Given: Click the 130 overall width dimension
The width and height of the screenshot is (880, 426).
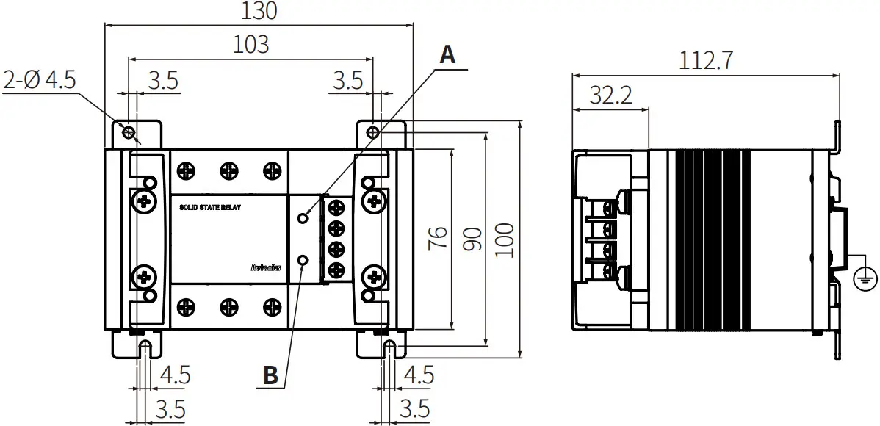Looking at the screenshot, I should coord(259,12).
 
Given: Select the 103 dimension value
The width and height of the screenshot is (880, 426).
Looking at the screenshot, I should coord(250,45).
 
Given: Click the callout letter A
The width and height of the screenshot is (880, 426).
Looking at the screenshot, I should coord(447,54).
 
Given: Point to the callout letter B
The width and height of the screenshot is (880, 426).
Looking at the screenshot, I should coord(270,375).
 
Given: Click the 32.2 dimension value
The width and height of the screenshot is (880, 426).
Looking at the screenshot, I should coord(610,95).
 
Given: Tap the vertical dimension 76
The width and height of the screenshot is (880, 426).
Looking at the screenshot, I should coord(438,239).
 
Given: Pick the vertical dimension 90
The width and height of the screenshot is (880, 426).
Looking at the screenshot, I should coord(472,239).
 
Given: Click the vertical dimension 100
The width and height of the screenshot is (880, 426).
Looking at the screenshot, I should coord(505,239).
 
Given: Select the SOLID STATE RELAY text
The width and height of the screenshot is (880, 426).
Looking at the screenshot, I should coord(210,208).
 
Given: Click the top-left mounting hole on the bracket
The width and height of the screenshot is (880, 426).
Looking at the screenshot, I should coord(129,132).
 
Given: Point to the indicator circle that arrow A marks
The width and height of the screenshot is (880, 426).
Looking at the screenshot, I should coord(303,218).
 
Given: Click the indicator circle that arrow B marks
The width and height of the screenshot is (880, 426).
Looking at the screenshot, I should coord(303,259).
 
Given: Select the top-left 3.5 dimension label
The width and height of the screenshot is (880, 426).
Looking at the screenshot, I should coord(162,80).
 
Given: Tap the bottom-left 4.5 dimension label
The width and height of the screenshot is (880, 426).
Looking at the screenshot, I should coord(175,375).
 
